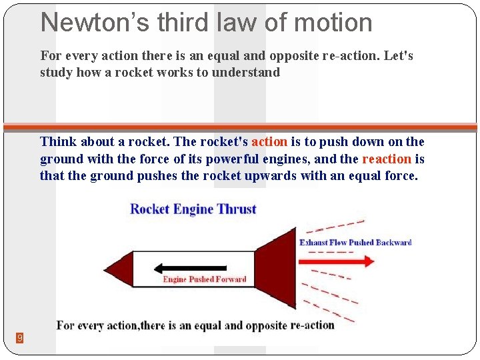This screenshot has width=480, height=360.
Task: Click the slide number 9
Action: point(20,338)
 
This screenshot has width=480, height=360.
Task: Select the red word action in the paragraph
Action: point(269,141)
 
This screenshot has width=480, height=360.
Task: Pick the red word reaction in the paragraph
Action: point(387,159)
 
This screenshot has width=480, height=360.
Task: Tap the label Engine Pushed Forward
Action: point(205,279)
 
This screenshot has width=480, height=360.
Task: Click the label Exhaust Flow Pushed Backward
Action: point(355,242)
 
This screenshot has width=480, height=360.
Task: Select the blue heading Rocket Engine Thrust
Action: point(193,209)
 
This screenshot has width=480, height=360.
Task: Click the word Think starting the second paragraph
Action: point(58,141)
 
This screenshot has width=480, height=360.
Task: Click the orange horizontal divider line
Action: point(240,127)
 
